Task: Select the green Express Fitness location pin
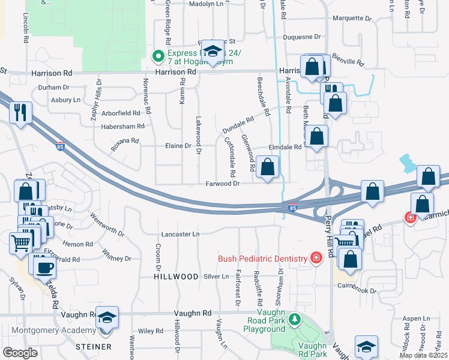[x=158, y=57]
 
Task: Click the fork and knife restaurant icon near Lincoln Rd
[x=20, y=112]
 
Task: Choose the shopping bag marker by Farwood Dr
[x=268, y=168]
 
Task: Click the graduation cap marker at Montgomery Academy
[x=107, y=317]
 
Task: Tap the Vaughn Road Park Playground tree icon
[x=294, y=319]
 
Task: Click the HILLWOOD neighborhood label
[x=176, y=277]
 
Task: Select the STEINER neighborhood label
[x=93, y=347]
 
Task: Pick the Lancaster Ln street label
[x=179, y=234]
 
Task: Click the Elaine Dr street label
[x=178, y=145]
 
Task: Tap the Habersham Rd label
[x=123, y=127]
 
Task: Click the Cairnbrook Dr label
[x=356, y=290]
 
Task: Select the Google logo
[x=20, y=353]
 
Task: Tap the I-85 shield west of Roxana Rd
[x=59, y=146]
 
